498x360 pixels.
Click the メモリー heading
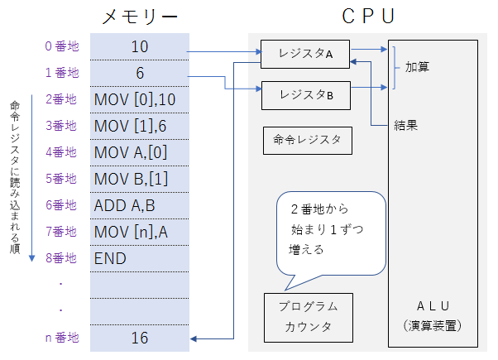[x=139, y=16]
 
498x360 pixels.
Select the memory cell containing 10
[x=139, y=46]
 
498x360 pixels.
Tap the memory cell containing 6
[x=139, y=73]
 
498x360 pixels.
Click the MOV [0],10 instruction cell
[x=139, y=99]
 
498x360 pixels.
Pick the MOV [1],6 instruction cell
[x=139, y=126]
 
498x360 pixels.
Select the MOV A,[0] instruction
[x=139, y=152]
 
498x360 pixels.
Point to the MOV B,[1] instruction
[x=139, y=179]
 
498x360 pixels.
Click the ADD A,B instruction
[x=139, y=205]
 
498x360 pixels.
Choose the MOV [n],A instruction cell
[x=139, y=232]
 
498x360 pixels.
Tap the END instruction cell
[x=139, y=258]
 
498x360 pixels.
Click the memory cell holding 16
[x=139, y=338]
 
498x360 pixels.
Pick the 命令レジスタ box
[x=307, y=139]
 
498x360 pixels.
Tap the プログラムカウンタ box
[x=308, y=316]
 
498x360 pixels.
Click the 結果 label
[x=405, y=126]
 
